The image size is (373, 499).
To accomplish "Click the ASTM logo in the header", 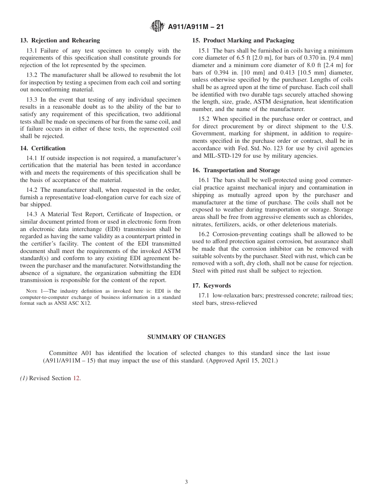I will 157,27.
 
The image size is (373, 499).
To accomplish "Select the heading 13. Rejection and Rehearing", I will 60,40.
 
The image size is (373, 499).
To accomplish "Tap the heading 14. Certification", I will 43,148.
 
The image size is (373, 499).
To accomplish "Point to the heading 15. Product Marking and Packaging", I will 243,40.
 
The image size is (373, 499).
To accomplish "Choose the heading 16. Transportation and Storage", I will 236,170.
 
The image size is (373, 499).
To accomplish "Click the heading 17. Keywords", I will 211,286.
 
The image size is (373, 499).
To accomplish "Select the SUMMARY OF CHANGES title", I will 186,337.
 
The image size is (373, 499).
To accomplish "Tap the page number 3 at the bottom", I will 186,482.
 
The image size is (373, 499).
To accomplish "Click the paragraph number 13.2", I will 33,75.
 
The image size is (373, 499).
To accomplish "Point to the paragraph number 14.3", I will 33,214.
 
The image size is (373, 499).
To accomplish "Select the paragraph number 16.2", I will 205,234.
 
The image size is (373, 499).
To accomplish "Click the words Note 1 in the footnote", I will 33,291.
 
